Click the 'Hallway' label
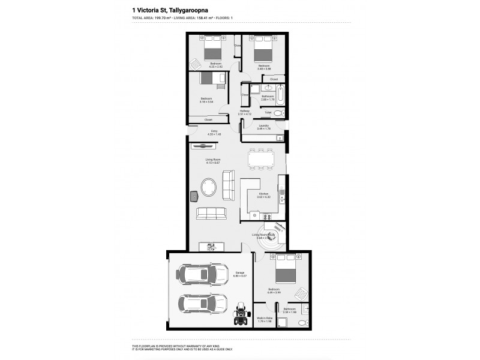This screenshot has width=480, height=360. click(x=245, y=111)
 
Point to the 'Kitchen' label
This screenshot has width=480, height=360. click(x=263, y=194)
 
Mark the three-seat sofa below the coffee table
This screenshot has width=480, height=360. click(x=212, y=213)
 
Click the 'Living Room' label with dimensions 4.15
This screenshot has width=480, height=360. click(x=214, y=160)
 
